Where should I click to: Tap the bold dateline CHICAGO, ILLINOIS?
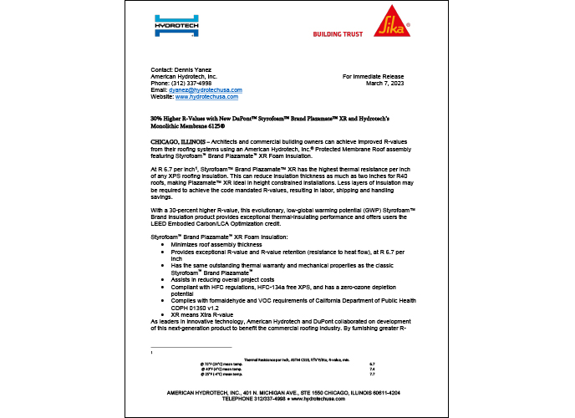click(172, 144)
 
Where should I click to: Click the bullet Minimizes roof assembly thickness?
click(216, 244)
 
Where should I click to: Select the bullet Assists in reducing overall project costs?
click(223, 278)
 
